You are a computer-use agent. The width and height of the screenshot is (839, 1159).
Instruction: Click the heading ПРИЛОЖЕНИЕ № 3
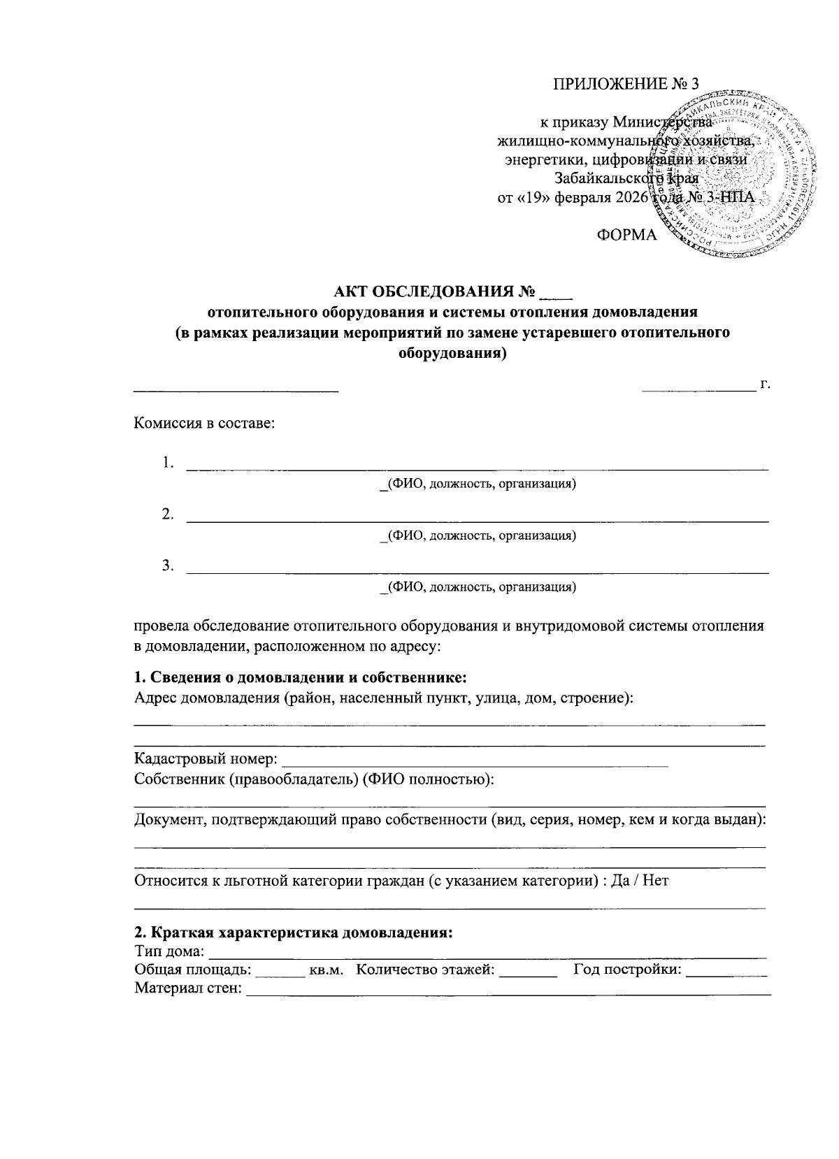pos(626,85)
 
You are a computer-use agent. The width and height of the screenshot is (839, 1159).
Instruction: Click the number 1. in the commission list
pos(168,463)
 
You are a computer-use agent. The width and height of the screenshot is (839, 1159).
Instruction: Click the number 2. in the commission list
pos(168,514)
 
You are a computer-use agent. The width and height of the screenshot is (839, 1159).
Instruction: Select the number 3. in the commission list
pos(168,566)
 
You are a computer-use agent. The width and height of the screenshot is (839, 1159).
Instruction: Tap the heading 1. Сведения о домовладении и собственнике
pos(300,677)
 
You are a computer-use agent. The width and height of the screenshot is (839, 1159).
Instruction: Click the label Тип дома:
pos(169,951)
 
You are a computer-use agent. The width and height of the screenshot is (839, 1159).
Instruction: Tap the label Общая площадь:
pos(193,970)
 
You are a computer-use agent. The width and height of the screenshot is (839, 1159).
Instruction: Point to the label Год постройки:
pos(627,970)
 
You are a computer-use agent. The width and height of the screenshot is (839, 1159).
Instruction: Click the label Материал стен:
pos(188,988)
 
